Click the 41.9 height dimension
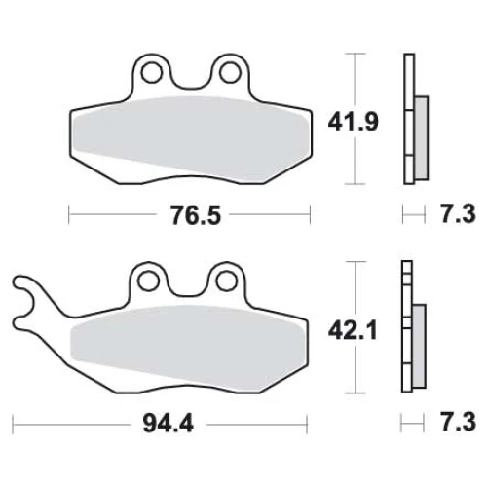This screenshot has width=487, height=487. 354,123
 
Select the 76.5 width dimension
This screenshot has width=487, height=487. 196,215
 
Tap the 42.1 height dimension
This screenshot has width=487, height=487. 353,330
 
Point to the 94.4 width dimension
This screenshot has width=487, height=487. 169,424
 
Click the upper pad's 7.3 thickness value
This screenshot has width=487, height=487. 459,213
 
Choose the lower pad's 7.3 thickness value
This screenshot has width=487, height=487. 459,422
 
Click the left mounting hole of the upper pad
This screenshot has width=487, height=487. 152,72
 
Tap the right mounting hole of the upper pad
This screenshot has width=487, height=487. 230,72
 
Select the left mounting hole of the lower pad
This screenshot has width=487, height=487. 148,281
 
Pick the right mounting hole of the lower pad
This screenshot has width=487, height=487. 226,281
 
